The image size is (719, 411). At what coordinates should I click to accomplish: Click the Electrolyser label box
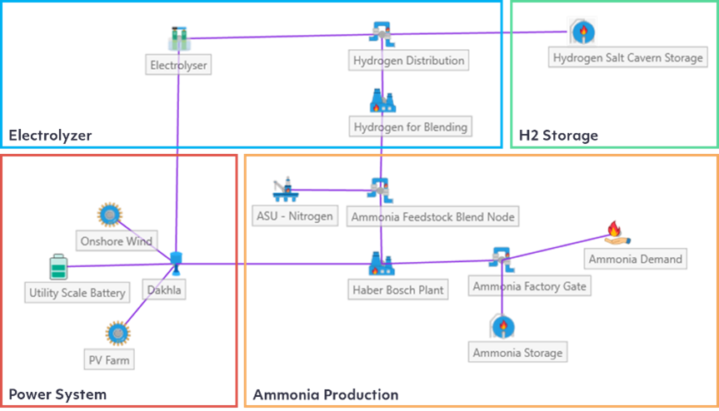click(177, 64)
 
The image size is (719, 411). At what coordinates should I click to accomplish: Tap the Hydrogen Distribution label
click(408, 61)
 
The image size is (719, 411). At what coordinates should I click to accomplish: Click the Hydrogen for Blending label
click(410, 126)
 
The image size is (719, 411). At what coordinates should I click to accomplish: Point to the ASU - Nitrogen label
click(294, 216)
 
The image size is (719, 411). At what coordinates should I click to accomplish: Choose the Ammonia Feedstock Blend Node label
click(432, 217)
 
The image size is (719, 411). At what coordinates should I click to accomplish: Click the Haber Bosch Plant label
click(397, 290)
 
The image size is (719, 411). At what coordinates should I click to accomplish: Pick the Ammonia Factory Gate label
click(530, 286)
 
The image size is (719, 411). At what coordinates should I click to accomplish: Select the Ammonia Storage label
click(517, 352)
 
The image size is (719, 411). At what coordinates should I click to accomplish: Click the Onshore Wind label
click(116, 241)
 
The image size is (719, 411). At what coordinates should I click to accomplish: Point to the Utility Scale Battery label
click(77, 292)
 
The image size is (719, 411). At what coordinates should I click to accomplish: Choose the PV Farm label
click(109, 360)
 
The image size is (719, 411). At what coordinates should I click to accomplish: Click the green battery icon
click(57, 267)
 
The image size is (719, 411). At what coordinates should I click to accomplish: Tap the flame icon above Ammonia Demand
click(613, 232)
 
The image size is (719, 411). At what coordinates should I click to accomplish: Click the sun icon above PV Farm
click(117, 333)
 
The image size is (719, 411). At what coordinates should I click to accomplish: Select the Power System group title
click(57, 394)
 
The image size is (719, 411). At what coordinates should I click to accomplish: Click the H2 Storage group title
click(558, 135)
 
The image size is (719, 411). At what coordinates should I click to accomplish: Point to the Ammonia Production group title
click(325, 394)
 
